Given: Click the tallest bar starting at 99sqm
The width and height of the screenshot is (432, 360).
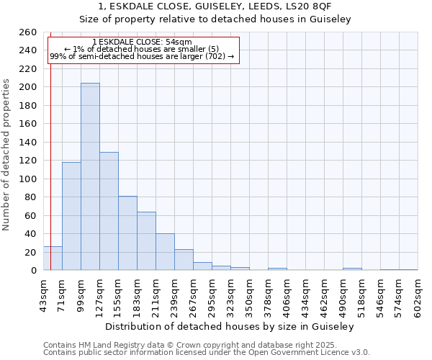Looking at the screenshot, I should click(x=90, y=176).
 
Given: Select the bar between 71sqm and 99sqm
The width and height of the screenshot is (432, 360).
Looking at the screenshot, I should click(x=71, y=216).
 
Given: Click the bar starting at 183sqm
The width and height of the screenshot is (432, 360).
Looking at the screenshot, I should click(x=146, y=240).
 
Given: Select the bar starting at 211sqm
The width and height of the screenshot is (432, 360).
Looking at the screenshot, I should click(x=165, y=252).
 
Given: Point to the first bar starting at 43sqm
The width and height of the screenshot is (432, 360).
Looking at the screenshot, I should click(x=53, y=258).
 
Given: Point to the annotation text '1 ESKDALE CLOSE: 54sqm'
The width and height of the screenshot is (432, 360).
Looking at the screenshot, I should click(x=142, y=42).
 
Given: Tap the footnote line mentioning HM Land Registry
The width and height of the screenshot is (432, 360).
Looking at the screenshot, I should click(x=205, y=345).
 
